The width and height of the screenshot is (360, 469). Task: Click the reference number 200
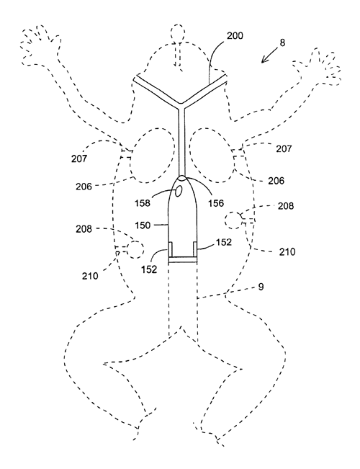click(x=235, y=36)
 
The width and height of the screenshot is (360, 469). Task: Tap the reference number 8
click(x=282, y=43)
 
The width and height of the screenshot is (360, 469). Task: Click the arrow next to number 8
click(x=269, y=55)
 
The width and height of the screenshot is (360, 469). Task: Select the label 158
click(x=143, y=203)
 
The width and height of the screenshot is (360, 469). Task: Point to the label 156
click(x=215, y=203)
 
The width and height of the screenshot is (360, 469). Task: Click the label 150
click(x=143, y=225)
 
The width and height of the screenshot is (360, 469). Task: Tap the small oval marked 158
click(x=179, y=191)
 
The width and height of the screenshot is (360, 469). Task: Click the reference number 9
click(x=261, y=287)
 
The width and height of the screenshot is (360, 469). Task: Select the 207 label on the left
click(x=79, y=158)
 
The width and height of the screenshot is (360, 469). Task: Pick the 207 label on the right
click(x=284, y=148)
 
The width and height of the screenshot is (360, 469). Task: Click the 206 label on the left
click(x=84, y=187)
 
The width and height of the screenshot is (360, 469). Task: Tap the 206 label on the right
click(x=276, y=181)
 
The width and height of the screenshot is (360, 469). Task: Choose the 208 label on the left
click(x=84, y=229)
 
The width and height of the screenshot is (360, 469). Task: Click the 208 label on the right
click(x=286, y=206)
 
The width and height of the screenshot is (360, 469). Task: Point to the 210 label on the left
click(x=90, y=276)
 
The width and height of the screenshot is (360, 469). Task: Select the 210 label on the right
click(x=287, y=252)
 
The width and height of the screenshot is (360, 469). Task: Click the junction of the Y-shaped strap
click(x=181, y=106)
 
